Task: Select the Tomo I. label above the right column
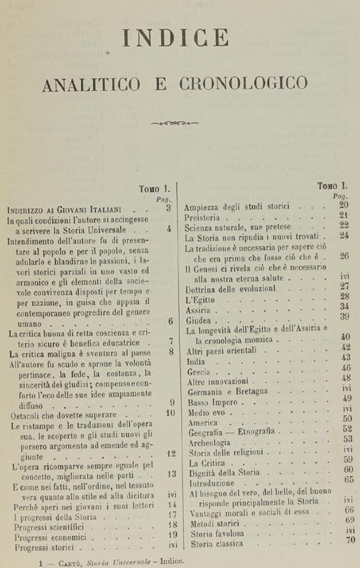(332, 186)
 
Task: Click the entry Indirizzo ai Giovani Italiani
(65, 209)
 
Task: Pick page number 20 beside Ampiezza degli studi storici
(344, 205)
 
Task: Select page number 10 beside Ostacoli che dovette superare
(170, 413)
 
